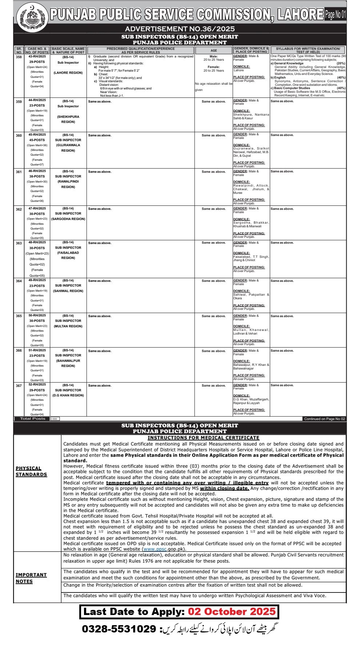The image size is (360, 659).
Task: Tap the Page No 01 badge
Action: tap(335, 15)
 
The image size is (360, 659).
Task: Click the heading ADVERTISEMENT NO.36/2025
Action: tap(180, 29)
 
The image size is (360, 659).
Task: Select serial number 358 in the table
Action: tap(19, 57)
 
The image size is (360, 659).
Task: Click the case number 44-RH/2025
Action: tap(37, 100)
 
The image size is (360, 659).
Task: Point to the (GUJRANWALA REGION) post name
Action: tap(68, 148)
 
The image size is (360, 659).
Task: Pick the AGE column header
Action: tap(214, 51)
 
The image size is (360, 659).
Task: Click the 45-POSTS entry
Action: tap(37, 140)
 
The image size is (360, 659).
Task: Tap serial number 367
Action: tap(19, 386)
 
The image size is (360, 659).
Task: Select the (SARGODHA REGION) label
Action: tap(68, 219)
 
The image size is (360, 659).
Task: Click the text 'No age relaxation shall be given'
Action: tap(213, 87)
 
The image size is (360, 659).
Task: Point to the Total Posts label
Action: tap(33, 419)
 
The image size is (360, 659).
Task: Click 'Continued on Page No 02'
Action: tap(324, 419)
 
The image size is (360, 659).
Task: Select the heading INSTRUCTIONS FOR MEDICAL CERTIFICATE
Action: tap(203, 438)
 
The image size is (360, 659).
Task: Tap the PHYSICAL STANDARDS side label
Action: tap(31, 471)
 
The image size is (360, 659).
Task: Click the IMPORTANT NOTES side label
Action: tap(31, 578)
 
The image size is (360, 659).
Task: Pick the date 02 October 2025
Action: tap(232, 611)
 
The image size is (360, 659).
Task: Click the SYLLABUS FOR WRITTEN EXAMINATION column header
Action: tap(308, 50)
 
